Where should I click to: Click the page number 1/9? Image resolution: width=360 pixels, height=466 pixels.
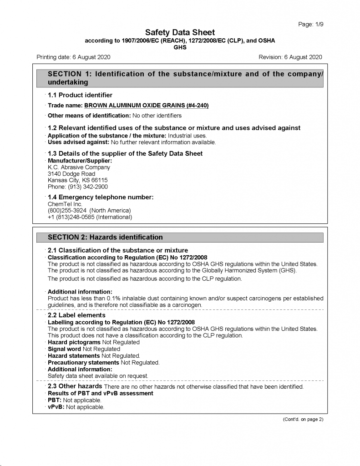(x=311, y=24)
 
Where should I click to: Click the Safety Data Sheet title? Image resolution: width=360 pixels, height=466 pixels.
(x=180, y=32)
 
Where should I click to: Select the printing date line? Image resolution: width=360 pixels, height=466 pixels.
(x=73, y=57)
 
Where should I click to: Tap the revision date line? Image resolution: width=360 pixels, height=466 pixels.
(x=290, y=57)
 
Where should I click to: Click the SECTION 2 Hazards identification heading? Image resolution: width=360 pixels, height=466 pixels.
(x=105, y=237)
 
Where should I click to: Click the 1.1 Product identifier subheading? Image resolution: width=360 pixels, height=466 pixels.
(x=80, y=95)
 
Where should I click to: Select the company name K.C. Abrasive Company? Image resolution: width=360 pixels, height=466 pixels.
(x=79, y=167)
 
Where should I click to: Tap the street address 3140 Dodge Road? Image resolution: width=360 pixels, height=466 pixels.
(x=71, y=174)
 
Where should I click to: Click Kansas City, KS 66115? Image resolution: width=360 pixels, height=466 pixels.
(x=77, y=180)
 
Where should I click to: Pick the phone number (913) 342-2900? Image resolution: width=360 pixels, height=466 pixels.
(x=78, y=187)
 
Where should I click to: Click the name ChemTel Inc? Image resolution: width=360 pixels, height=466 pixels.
(x=65, y=204)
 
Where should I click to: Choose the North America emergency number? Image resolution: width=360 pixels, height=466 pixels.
(x=89, y=211)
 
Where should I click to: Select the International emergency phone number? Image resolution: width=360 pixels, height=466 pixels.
(x=90, y=217)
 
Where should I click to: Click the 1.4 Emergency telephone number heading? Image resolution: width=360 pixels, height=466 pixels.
(x=101, y=197)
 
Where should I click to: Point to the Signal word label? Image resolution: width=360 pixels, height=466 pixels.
(x=64, y=349)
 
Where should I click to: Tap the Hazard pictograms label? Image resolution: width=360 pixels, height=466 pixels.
(x=74, y=342)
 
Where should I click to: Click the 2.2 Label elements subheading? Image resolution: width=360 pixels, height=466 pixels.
(x=76, y=315)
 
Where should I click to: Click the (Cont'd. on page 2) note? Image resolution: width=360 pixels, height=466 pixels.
(x=303, y=419)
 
